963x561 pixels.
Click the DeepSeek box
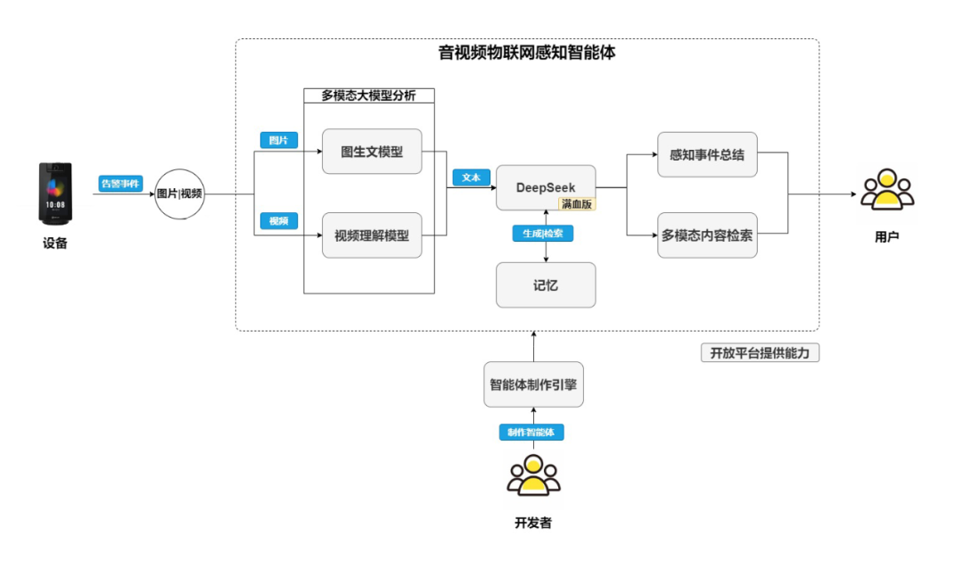pos(546,187)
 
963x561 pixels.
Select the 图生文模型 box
pos(372,152)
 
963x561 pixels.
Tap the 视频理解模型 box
pos(372,235)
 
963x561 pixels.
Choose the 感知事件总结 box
pos(707,154)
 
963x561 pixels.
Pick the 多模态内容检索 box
pos(707,235)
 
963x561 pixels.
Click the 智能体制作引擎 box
pos(533,385)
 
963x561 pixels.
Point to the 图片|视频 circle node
pos(179,194)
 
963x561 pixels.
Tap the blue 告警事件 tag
pos(120,184)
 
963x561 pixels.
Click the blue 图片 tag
pos(278,140)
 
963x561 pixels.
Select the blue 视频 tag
pos(278,220)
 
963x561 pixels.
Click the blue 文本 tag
pos(471,177)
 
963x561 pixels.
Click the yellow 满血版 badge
pos(578,203)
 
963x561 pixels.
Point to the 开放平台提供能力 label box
pos(760,353)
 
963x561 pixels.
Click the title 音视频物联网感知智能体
pos(527,53)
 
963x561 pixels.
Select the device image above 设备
pos(54,193)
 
